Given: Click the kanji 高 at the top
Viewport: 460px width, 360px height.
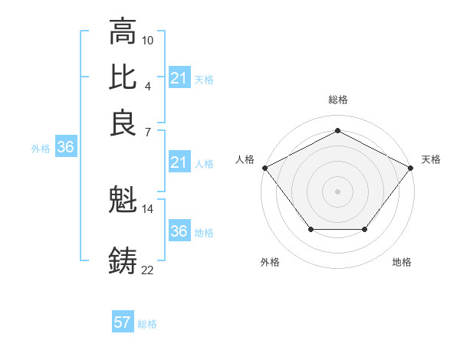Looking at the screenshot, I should click(123, 32).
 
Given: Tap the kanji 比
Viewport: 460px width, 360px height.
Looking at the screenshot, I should click(123, 77).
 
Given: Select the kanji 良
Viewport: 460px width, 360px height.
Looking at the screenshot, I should click(123, 123).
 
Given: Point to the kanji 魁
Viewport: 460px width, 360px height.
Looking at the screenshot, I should click(123, 201).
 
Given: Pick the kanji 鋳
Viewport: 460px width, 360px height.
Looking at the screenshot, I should click(123, 261).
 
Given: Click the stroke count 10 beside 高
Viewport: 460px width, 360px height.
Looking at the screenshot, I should click(148, 40).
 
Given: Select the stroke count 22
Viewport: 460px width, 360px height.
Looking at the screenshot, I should click(148, 269).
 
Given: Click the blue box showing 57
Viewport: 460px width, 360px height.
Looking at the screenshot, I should click(123, 322).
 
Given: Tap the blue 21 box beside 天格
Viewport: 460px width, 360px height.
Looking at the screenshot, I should click(179, 78).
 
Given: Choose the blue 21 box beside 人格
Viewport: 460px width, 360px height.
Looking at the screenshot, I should click(179, 162).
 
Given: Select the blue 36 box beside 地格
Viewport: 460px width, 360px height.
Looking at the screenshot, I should click(179, 231).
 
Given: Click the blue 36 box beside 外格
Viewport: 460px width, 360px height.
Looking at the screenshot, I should click(65, 148).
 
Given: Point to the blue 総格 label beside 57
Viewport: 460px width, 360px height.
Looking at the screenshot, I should click(147, 324).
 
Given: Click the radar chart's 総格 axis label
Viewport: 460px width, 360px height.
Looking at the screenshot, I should click(337, 100).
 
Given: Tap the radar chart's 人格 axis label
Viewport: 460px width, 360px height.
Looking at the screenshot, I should click(245, 159).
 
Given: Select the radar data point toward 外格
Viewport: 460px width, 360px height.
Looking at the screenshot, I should click(310, 229).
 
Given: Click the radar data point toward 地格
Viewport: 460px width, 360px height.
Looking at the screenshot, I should click(365, 229).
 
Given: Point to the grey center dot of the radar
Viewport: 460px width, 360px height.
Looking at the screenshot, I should click(337, 191).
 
